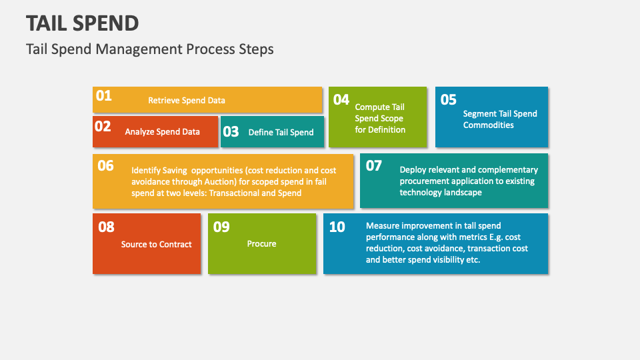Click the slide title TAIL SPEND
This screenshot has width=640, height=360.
tap(83, 23)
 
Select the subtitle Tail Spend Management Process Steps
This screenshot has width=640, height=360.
tap(150, 49)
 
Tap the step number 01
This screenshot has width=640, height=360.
tap(104, 96)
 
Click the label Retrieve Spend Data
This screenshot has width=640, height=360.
tap(187, 101)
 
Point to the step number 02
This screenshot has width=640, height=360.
tap(103, 127)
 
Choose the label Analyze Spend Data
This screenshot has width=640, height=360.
tap(163, 132)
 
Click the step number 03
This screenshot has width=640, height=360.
tap(231, 132)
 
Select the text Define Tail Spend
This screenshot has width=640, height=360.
tap(281, 132)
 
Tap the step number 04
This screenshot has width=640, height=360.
tap(341, 100)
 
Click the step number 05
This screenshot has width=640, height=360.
tap(448, 100)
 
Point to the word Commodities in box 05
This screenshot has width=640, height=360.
tap(488, 125)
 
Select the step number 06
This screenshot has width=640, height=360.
tap(105, 166)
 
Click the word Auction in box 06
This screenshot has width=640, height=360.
tap(219, 181)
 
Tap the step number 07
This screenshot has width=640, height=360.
tap(373, 166)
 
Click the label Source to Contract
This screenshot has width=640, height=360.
tap(156, 245)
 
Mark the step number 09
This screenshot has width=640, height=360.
tap(221, 227)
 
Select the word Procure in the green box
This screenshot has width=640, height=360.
tap(261, 244)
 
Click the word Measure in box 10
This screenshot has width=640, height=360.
tap(381, 226)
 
